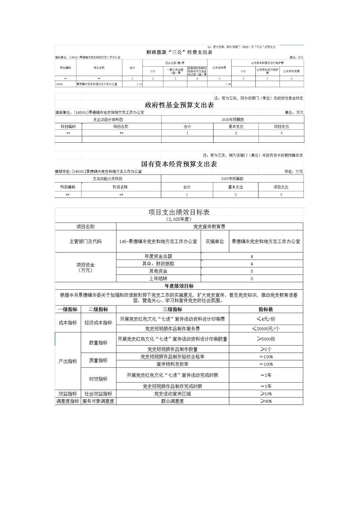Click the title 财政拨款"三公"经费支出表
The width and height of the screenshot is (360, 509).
click(179, 52)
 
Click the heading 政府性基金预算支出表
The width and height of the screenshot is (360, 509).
click(179, 105)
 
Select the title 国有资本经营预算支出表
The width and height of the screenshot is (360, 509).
click(179, 164)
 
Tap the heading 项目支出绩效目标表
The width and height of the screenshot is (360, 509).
click(179, 212)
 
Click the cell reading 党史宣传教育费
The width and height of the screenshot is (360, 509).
click(209, 227)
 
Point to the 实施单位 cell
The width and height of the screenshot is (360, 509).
click(215, 241)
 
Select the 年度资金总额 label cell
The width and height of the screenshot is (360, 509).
click(158, 256)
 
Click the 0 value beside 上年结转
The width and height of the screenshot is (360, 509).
click(252, 279)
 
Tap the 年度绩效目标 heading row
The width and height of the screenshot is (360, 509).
click(179, 286)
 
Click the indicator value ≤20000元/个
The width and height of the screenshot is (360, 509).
click(266, 329)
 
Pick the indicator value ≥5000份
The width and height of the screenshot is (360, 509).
click(266, 339)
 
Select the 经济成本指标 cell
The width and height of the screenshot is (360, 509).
click(98, 323)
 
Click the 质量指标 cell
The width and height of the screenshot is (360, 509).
click(98, 360)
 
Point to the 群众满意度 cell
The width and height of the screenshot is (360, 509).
click(172, 401)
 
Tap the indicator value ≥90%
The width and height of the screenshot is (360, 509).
click(266, 401)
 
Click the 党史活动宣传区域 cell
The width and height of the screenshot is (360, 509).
click(172, 394)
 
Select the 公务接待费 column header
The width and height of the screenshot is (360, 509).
click(219, 68)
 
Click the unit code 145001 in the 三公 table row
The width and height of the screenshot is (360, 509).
click(59, 84)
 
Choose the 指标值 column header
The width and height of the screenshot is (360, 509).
click(266, 309)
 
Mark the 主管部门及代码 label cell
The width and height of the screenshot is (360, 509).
click(85, 241)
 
